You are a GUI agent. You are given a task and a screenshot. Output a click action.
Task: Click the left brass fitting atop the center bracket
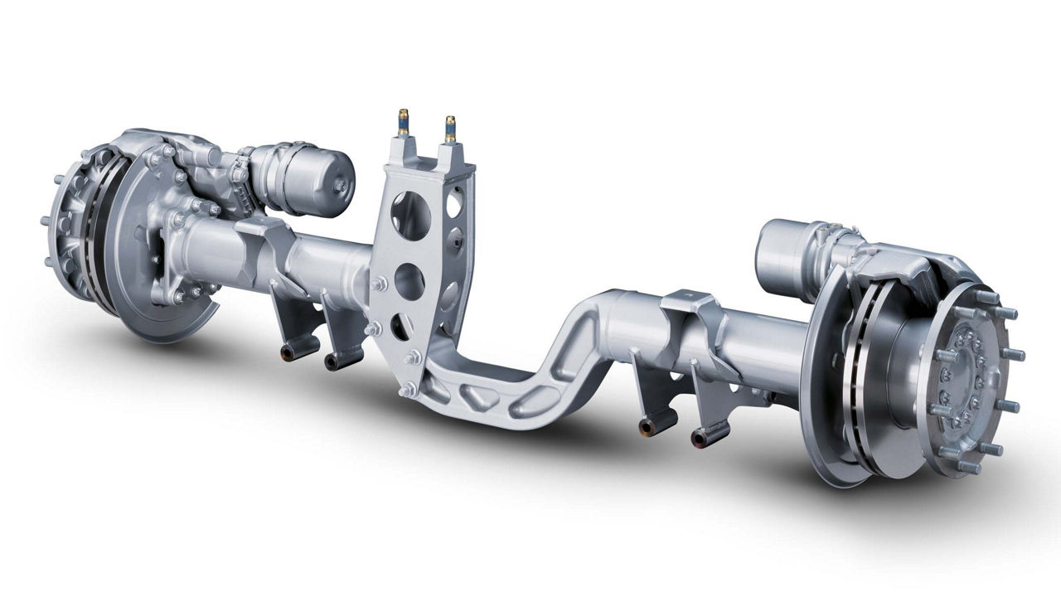(x=403, y=123)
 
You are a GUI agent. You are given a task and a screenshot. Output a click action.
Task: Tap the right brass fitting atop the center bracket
(x=451, y=129)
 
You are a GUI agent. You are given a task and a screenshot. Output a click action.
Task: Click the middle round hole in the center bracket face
(x=409, y=281)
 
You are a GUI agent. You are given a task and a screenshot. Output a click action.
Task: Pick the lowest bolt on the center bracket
(x=406, y=390)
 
